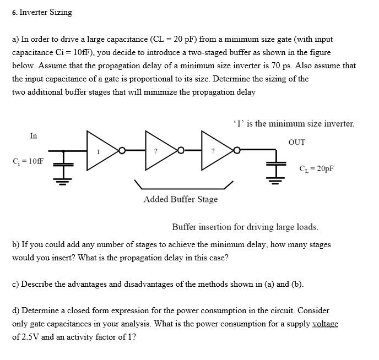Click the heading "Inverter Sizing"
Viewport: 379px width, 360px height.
tap(46, 12)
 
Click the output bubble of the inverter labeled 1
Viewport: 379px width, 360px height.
tap(122, 151)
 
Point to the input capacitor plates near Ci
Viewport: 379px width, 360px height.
tap(63, 165)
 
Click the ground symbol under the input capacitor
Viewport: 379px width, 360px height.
tap(63, 181)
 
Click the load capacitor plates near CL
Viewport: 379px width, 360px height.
tap(276, 164)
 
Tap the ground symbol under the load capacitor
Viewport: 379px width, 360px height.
tap(275, 181)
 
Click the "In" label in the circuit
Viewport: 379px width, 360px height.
tap(34, 136)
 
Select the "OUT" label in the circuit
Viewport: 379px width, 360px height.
tap(297, 142)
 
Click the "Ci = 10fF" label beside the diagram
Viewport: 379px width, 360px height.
tap(28, 161)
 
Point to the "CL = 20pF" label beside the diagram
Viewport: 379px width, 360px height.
tap(316, 168)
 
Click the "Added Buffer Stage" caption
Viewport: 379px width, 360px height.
tap(181, 199)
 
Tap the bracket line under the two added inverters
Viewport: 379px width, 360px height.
tap(183, 189)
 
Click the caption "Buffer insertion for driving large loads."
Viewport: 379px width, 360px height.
tap(245, 227)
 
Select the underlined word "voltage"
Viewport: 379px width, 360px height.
tap(325, 324)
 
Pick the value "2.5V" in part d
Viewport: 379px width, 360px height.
tap(30, 337)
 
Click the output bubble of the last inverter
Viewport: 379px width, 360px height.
tap(237, 150)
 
